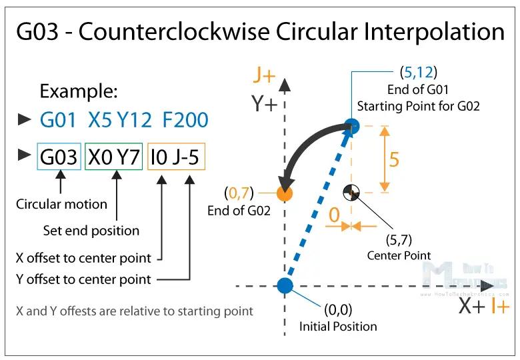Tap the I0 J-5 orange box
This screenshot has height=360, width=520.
click(x=177, y=157)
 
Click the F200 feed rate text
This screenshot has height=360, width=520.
click(x=185, y=120)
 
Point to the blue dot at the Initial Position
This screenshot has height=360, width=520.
click(x=285, y=286)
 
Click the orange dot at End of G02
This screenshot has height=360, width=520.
click(x=285, y=193)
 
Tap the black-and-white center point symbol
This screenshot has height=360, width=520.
click(x=351, y=193)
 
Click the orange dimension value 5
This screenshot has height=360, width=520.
click(x=394, y=160)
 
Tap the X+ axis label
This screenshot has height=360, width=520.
click(x=473, y=306)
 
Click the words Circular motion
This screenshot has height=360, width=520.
click(x=61, y=204)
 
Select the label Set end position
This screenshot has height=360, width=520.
click(x=91, y=231)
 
